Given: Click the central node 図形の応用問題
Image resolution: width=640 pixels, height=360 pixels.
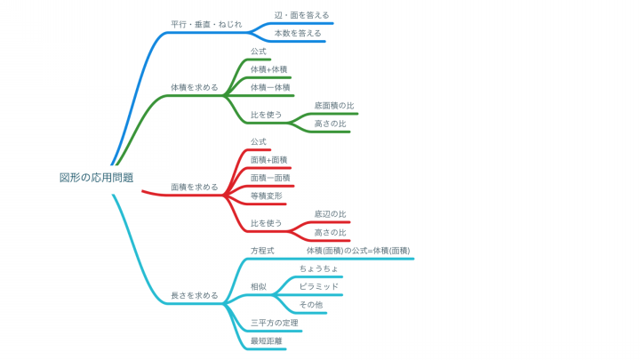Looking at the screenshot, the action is (x=96, y=178).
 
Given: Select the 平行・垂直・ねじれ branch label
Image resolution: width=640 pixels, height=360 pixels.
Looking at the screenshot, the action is (x=206, y=24).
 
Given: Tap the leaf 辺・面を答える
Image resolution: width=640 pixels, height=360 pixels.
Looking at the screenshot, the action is (x=301, y=15).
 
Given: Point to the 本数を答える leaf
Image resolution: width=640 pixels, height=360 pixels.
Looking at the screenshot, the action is (x=298, y=33).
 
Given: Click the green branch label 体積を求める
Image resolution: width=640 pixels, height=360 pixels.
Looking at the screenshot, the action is (x=195, y=87).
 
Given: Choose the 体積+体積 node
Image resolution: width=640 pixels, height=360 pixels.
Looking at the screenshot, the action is (x=269, y=69).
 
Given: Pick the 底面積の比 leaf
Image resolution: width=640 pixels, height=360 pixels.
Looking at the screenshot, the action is (x=334, y=106).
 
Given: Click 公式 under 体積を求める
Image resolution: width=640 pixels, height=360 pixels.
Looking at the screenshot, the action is (x=259, y=52).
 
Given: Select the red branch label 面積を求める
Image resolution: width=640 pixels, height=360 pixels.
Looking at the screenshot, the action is (x=195, y=187).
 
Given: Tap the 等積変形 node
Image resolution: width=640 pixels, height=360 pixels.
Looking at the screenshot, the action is (x=266, y=196).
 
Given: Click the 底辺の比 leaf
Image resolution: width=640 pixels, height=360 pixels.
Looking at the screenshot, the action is (x=330, y=214).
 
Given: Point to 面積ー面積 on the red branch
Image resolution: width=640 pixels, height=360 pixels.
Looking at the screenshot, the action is (x=270, y=178).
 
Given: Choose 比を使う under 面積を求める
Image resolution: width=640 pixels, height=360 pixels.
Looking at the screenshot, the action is (x=266, y=223).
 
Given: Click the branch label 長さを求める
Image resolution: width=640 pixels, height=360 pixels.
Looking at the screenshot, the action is (x=195, y=295).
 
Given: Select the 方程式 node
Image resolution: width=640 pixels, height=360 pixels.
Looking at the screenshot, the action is (x=262, y=251).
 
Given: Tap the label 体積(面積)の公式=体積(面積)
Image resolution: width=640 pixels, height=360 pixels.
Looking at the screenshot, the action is (x=358, y=251).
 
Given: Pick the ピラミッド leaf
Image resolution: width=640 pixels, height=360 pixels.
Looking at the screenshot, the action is (x=319, y=286).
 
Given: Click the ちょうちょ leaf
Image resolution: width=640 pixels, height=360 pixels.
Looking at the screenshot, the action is (x=319, y=268).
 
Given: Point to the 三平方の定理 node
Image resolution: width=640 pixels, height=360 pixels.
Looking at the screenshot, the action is (x=275, y=323).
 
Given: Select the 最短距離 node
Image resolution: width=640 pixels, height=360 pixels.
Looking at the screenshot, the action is (x=266, y=340).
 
